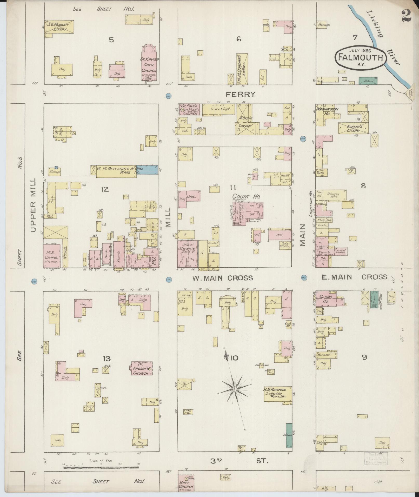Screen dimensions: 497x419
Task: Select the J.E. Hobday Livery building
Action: click(x=60, y=27)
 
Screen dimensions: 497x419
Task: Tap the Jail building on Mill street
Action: click(x=189, y=197)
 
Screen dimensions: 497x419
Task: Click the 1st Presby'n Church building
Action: click(x=141, y=368)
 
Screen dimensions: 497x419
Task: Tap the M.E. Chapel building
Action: click(x=52, y=256)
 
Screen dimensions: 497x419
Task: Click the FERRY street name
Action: click(x=241, y=94)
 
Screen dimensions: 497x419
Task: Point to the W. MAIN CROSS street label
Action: click(x=222, y=278)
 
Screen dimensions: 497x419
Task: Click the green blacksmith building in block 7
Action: click(x=368, y=81)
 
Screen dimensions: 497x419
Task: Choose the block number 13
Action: click(x=107, y=359)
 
